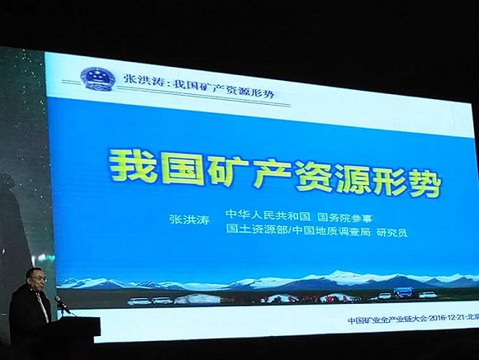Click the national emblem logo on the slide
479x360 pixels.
(x=95, y=79)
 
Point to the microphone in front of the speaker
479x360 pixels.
(x=60, y=302)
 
